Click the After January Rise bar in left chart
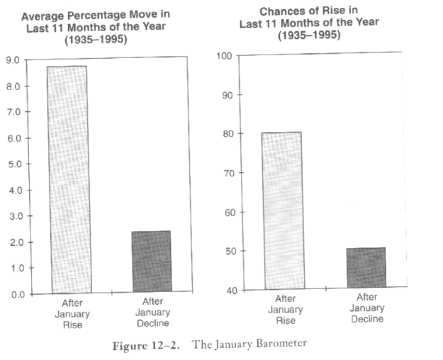69,180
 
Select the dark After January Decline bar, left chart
152,261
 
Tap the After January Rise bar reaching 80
284,210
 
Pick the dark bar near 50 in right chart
366,268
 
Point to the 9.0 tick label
13,60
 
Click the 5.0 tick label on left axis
15,164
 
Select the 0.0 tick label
18,295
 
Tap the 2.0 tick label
17,242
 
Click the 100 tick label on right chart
224,56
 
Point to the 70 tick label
229,173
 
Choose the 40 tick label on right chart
232,291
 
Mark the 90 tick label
227,95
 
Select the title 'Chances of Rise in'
309,11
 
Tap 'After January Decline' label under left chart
153,313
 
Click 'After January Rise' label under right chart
286,310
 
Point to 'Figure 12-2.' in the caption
146,346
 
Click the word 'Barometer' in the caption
281,344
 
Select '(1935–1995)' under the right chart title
309,35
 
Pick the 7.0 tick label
13,112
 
